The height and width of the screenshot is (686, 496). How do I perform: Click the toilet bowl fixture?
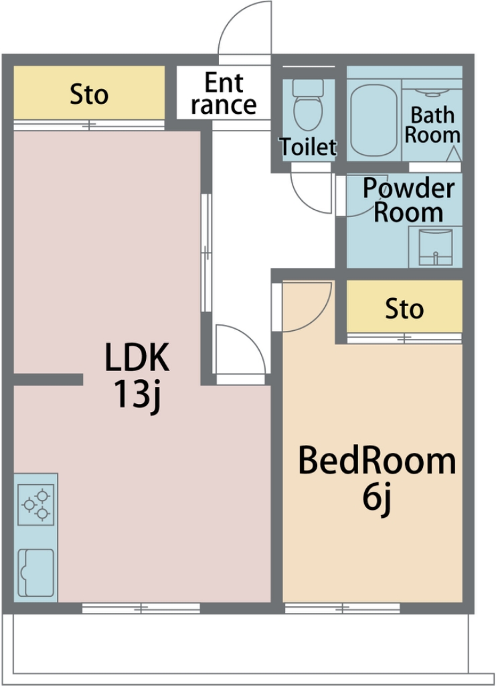click(308, 105)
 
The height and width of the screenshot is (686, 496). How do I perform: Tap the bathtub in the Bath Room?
click(374, 121)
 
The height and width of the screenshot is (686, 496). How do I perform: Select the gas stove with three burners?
click(36, 504)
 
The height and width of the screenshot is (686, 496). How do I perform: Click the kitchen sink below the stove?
click(36, 573)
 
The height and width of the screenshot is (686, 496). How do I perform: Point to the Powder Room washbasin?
click(436, 248)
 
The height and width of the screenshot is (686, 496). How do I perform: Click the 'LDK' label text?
click(137, 358)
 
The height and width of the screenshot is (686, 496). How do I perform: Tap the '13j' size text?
click(138, 396)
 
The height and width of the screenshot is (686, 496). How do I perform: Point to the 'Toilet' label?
click(308, 147)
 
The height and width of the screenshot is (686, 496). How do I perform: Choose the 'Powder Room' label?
click(408, 200)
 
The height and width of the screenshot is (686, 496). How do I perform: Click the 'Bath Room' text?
click(432, 125)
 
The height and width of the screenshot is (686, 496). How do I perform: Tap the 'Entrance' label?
click(224, 94)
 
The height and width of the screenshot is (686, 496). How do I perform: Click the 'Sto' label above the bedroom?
click(404, 309)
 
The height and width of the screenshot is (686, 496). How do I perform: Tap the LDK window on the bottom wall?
click(141, 608)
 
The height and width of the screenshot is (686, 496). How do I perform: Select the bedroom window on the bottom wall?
click(342, 608)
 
